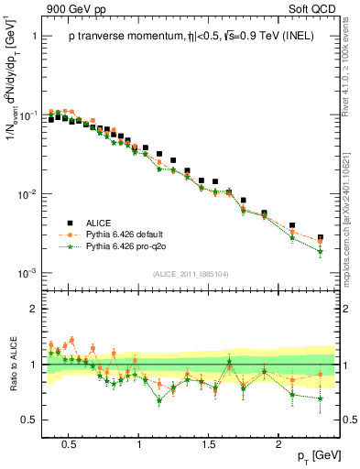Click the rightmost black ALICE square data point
pyautogui.click(x=320, y=237)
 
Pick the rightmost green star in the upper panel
pyautogui.click(x=320, y=252)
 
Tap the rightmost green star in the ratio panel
pyautogui.click(x=320, y=398)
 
